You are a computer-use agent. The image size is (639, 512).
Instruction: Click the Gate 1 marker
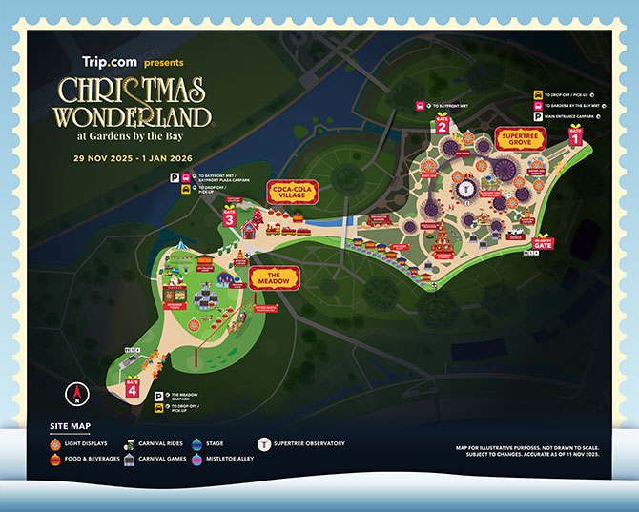click(x=574, y=134)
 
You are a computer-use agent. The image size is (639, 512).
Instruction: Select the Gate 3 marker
click(x=230, y=217)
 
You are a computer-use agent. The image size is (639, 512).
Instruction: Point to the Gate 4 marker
click(x=132, y=386)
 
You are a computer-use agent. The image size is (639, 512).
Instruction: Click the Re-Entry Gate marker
click(x=544, y=242)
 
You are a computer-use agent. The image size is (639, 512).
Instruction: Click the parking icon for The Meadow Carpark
click(x=157, y=395)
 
